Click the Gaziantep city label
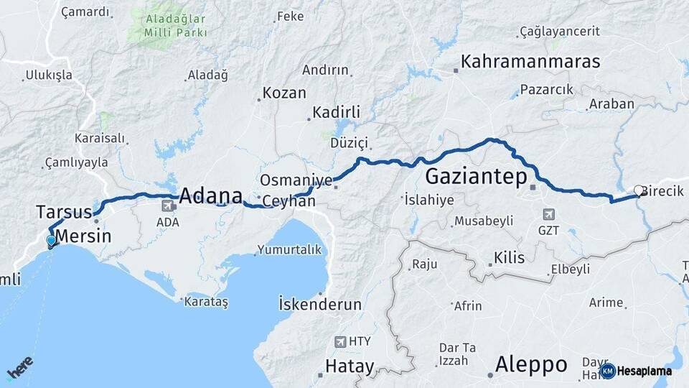pos(477,176)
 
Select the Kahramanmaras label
pos(530,62)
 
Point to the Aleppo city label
pos(531,364)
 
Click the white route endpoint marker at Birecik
pos(638,190)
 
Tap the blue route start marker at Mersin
pos(51,241)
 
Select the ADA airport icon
pos(168,205)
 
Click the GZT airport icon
pos(549,214)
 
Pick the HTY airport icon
pos(341,341)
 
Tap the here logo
pos(20,367)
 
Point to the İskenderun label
pos(320,304)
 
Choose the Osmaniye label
pos(287,180)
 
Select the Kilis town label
pos(509,258)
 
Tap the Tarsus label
pos(64,212)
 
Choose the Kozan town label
pos(284,93)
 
